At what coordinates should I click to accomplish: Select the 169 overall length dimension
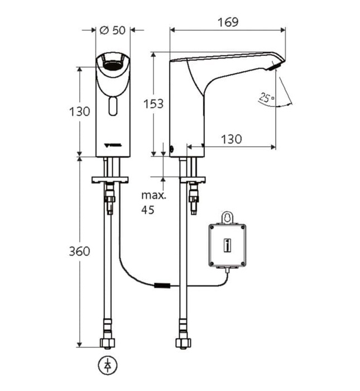tap(228, 22)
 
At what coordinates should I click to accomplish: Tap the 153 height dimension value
tap(153, 103)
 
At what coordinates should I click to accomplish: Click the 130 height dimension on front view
tap(80, 111)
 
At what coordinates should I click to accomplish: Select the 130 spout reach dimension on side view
tap(231, 139)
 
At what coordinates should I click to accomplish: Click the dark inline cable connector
tap(162, 287)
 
